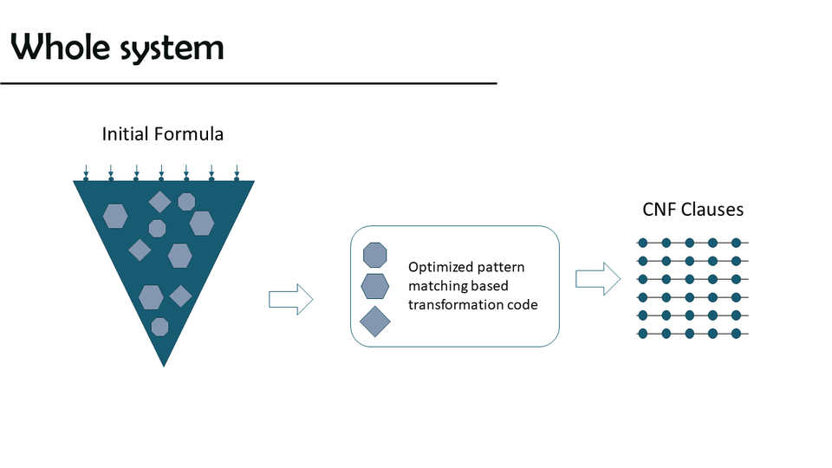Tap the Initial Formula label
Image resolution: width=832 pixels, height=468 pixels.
[163, 134]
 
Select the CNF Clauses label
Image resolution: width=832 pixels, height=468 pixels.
[692, 210]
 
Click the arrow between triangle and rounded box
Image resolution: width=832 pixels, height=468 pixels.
[290, 299]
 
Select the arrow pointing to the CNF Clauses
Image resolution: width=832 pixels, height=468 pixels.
[598, 278]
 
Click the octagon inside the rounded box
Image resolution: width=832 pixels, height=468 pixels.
[374, 254]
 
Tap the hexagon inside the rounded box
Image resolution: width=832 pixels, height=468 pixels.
[374, 286]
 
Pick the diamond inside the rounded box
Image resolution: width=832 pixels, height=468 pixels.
[374, 321]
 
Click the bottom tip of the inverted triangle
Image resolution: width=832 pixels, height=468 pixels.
[164, 363]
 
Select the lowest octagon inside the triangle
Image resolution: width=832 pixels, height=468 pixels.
[159, 326]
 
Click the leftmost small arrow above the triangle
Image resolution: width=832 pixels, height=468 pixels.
[86, 172]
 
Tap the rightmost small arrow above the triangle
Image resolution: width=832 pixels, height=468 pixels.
[237, 172]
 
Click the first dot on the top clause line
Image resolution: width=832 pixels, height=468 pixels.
[643, 243]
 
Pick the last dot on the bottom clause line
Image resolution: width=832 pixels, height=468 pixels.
[736, 334]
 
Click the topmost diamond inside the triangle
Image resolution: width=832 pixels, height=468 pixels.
[159, 202]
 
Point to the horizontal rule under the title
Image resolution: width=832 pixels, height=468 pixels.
[248, 83]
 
